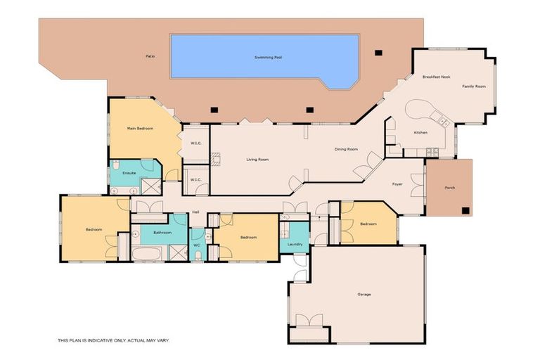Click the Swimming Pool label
[265, 58]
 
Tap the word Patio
[150, 55]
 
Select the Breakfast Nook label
[436, 76]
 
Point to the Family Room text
[474, 86]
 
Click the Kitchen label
[420, 132]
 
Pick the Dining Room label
[346, 149]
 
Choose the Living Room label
[257, 160]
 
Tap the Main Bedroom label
[140, 129]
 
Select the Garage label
[364, 295]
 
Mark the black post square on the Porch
[465, 210]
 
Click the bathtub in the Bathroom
[148, 254]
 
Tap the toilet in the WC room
[198, 255]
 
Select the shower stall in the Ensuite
[150, 186]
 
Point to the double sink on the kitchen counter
[443, 122]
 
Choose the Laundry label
[295, 244]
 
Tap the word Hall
[195, 212]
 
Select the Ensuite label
[129, 173]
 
